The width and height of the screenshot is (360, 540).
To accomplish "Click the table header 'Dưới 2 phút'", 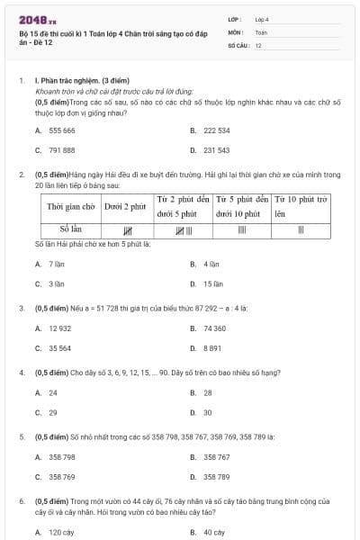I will point(125,206).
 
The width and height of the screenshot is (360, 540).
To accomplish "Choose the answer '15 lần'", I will point(212,284).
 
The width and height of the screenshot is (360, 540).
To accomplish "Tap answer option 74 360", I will point(214,328).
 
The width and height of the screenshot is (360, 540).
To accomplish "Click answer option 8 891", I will point(212,348).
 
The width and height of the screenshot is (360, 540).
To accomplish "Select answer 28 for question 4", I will point(207,392).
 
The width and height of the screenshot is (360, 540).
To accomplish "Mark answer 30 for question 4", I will point(207,412).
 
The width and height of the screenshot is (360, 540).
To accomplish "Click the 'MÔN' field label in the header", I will point(236,31).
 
